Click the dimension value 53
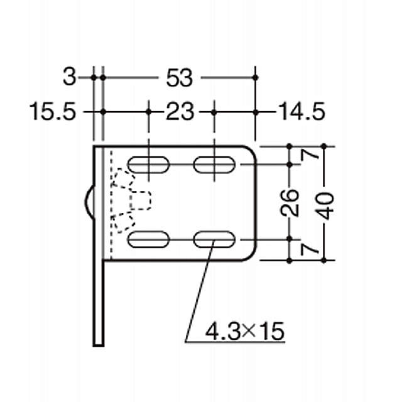click(x=178, y=78)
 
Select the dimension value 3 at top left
click(x=70, y=78)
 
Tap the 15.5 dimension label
click(x=53, y=112)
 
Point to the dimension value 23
click(x=181, y=112)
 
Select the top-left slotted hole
click(x=149, y=165)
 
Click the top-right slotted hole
click(x=214, y=165)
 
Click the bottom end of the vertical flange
click(x=98, y=342)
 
